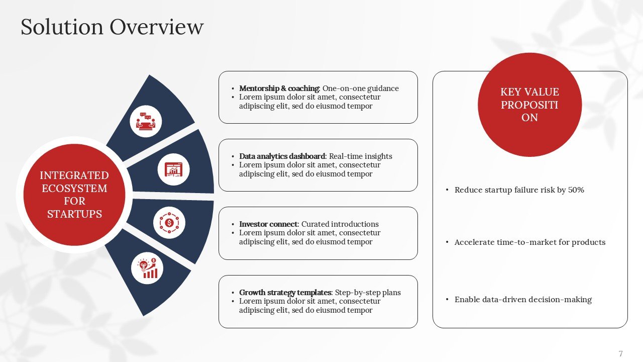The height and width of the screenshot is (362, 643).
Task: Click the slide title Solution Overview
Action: [x=112, y=27]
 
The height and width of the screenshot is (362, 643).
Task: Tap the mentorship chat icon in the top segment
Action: [x=146, y=121]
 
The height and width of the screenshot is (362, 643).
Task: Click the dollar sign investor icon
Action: [x=169, y=222]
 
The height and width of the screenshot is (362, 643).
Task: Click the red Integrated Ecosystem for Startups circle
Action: [x=74, y=195]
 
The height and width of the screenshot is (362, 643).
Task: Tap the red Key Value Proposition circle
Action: [x=529, y=105]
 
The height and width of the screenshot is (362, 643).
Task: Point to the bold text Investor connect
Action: [x=269, y=224]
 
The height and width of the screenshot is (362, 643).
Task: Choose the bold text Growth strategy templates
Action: [x=285, y=293]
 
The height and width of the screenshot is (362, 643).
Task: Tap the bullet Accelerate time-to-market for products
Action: [x=529, y=242]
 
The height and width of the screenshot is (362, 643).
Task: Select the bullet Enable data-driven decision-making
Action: [x=523, y=300]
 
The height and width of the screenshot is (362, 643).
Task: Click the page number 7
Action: [x=620, y=353]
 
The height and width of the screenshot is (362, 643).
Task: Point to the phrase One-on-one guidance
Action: [x=360, y=88]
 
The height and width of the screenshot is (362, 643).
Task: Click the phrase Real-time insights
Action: [x=360, y=156]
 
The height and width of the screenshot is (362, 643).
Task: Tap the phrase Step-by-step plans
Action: [x=368, y=293]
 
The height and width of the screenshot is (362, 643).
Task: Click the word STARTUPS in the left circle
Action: [x=74, y=214]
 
